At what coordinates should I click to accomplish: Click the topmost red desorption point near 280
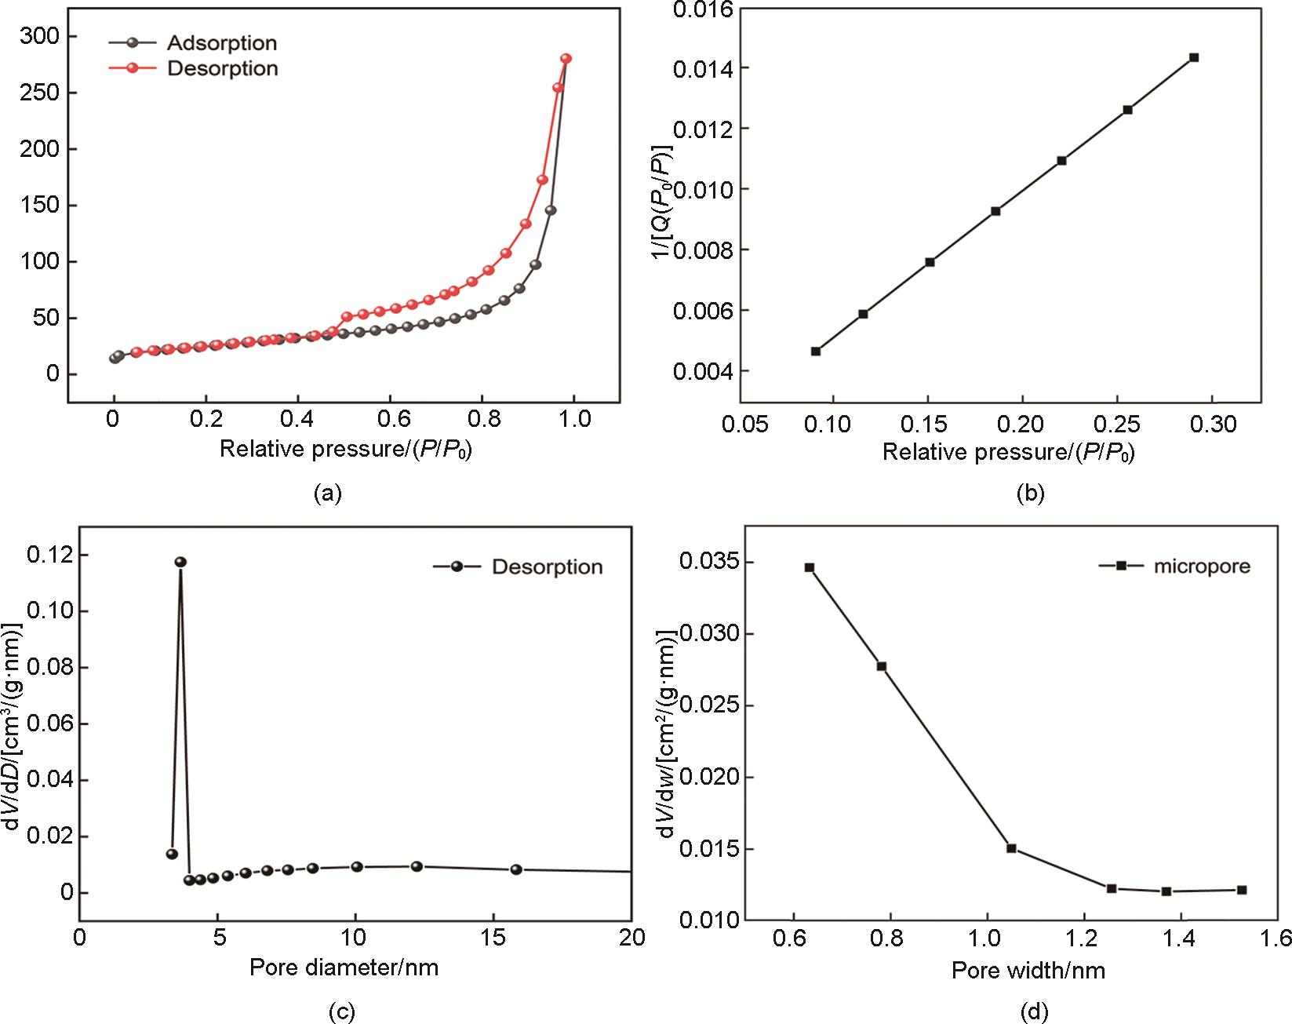(x=566, y=59)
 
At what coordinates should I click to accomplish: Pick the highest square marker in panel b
(x=1194, y=57)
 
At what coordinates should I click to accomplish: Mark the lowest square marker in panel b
(x=816, y=351)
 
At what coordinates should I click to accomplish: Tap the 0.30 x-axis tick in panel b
(x=1213, y=425)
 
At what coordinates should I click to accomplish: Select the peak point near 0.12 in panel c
(x=180, y=562)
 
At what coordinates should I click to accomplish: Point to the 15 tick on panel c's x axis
(x=493, y=938)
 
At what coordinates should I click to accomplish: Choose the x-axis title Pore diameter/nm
(x=344, y=967)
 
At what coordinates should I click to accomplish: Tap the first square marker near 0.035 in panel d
(x=810, y=567)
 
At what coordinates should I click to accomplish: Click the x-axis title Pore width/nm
(x=1028, y=971)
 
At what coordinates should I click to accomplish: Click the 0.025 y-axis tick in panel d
(x=709, y=705)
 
